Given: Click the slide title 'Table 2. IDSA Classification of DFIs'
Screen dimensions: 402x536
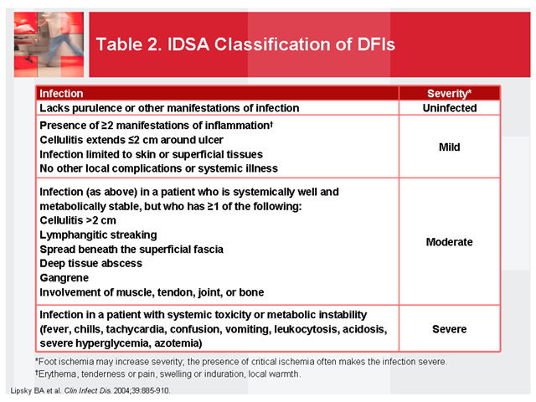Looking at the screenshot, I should click(245, 43).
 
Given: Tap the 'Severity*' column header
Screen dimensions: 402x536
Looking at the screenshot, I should click(449, 94).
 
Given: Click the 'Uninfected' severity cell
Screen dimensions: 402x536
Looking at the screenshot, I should click(449, 108).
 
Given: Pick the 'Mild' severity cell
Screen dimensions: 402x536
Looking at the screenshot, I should click(449, 147).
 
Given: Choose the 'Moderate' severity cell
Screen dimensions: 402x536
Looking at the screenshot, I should click(449, 242).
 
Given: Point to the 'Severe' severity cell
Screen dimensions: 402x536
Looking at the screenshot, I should click(449, 329).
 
